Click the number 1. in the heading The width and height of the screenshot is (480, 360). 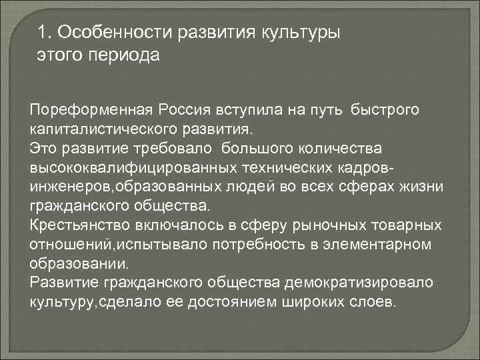[45, 33]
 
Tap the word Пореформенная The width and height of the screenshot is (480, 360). [92, 109]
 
